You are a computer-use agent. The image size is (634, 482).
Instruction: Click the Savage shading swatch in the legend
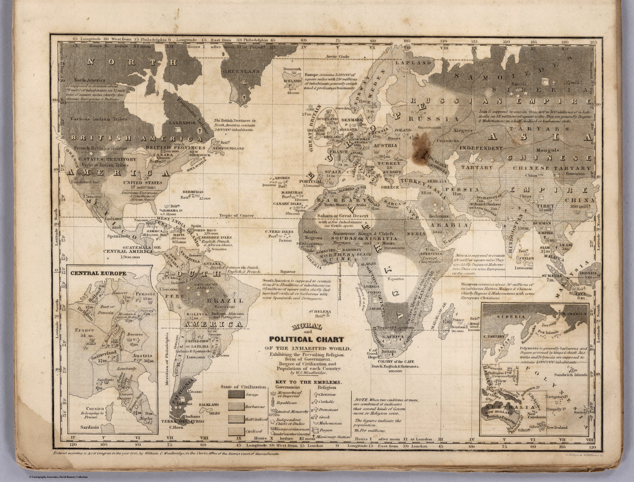(238, 394)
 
